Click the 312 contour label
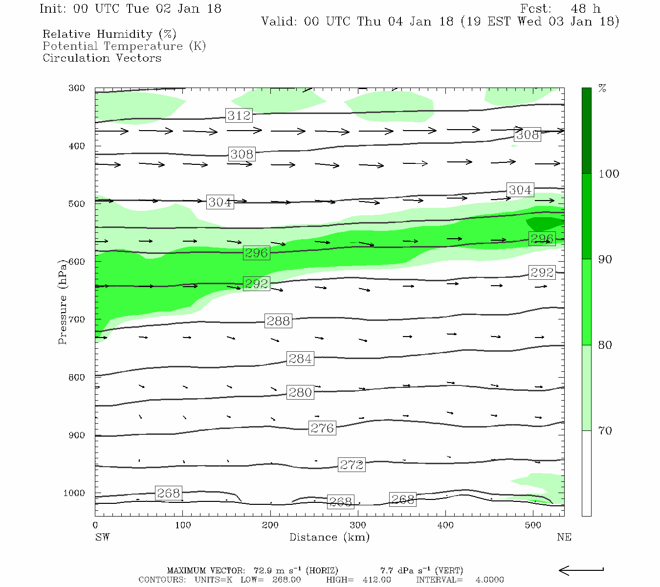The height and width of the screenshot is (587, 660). coord(239,115)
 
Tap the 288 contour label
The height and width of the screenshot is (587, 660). coord(278,321)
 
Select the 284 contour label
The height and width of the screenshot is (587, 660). coord(300,359)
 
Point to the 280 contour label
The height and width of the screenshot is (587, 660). coord(300,392)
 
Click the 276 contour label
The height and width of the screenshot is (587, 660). coord(322,428)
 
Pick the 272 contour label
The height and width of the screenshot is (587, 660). coord(352,465)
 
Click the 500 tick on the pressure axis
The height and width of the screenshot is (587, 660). coord(77,204)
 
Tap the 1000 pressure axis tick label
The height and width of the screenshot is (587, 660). coord(74,493)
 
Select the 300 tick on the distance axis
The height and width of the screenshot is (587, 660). coord(358,525)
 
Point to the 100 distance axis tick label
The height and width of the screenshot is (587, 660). coord(183,525)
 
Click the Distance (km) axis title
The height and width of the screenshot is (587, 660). coord(329,537)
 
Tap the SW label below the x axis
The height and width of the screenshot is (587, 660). coord(102,537)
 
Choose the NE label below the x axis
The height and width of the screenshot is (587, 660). coord(564,537)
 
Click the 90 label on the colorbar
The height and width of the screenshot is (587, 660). coord(605,259)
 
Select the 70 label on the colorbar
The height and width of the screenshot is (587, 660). coord(605,430)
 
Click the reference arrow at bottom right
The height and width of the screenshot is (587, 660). coord(581,570)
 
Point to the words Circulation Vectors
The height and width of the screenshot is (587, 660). coord(102,58)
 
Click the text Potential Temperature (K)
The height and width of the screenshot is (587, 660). coord(124,46)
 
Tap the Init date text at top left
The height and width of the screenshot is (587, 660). coord(130,9)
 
